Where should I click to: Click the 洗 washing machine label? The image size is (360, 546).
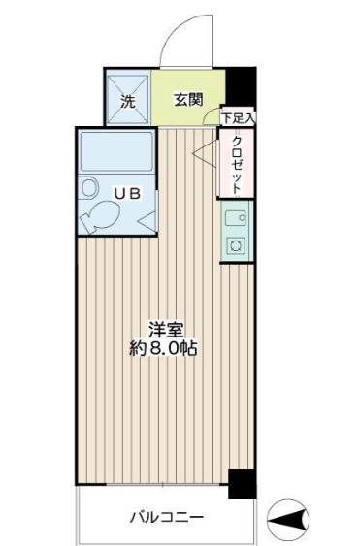pos(128,99)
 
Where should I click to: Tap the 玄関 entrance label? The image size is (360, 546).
pos(188,99)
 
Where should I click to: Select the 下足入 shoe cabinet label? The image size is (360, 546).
pos(238,119)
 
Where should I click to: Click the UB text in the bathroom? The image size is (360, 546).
pos(129,193)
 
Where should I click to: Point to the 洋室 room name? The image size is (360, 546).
pos(163,330)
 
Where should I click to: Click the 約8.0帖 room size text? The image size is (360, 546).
pos(163,349)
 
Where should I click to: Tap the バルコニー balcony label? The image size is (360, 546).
pos(167,517)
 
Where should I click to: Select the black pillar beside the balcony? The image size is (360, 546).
pos(242,483)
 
